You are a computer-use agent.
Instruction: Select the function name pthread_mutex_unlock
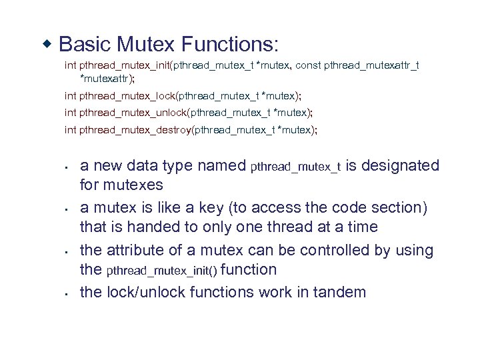click(133, 112)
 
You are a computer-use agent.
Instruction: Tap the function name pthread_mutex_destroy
click(135, 129)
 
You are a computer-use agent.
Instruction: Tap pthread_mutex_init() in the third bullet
click(161, 270)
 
